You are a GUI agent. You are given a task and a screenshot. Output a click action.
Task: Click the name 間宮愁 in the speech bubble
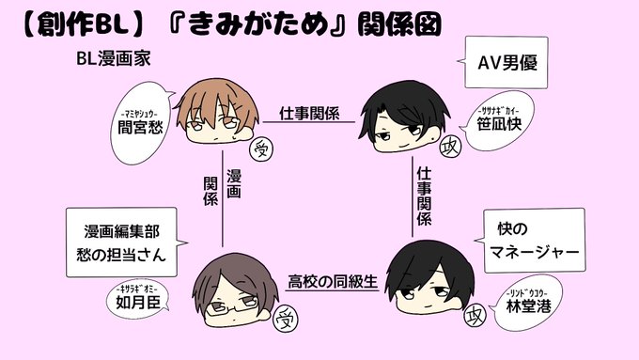click(x=140, y=127)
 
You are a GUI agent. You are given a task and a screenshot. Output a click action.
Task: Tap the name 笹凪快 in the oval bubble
click(x=499, y=124)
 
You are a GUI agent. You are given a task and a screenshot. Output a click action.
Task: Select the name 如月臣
click(x=138, y=302)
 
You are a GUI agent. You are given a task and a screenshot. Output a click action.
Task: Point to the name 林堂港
click(x=528, y=305)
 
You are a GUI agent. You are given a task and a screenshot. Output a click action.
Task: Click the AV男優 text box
click(x=507, y=62)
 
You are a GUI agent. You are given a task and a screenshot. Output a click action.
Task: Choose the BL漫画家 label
click(x=114, y=58)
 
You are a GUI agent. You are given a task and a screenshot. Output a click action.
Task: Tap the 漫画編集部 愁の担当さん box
click(x=122, y=243)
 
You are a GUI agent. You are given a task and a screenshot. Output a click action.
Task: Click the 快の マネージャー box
click(x=535, y=241)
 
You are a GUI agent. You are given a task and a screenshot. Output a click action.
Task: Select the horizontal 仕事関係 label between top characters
click(x=309, y=113)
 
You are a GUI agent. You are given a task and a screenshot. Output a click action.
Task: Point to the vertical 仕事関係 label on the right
click(x=424, y=196)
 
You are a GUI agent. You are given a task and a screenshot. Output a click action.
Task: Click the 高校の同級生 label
click(x=333, y=281)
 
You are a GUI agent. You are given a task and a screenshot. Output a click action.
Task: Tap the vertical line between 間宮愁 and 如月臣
click(x=223, y=199)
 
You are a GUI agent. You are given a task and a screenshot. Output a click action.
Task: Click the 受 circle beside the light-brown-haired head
click(x=261, y=149)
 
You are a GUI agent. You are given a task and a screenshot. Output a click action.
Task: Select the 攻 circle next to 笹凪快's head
click(x=451, y=148)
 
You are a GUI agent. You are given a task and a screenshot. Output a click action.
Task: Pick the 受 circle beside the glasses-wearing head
click(x=286, y=320)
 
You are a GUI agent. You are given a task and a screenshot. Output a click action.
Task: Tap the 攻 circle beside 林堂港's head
click(x=475, y=315)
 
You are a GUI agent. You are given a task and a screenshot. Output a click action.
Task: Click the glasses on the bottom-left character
click(x=232, y=305)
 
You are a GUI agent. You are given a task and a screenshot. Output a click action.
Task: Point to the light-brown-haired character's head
click(x=218, y=111)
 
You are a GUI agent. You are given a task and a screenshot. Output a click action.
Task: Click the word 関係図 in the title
click(x=399, y=24)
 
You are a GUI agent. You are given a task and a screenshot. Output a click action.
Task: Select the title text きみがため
click(x=258, y=23)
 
